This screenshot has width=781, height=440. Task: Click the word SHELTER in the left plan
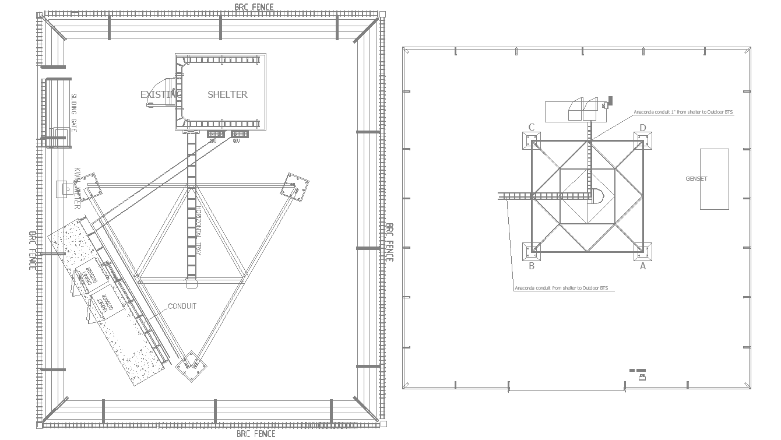click(x=227, y=94)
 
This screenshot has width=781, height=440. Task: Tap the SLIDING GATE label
click(x=74, y=111)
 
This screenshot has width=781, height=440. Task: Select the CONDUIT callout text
click(x=182, y=307)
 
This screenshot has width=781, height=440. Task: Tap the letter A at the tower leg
click(x=643, y=266)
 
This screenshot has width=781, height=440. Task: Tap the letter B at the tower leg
click(x=531, y=266)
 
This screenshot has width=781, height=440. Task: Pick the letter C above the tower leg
click(x=531, y=128)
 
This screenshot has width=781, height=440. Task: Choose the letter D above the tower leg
click(x=643, y=128)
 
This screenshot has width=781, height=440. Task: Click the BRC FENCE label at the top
click(x=254, y=7)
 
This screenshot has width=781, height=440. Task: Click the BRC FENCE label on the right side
click(x=389, y=242)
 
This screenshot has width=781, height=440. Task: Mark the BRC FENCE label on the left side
click(x=33, y=250)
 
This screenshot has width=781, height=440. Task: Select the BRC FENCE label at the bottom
click(x=256, y=434)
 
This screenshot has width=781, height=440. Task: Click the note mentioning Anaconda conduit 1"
click(x=683, y=112)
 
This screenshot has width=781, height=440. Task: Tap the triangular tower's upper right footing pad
click(x=295, y=186)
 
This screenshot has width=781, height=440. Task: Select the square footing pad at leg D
click(x=642, y=140)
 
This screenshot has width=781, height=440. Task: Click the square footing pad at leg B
click(x=531, y=252)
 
